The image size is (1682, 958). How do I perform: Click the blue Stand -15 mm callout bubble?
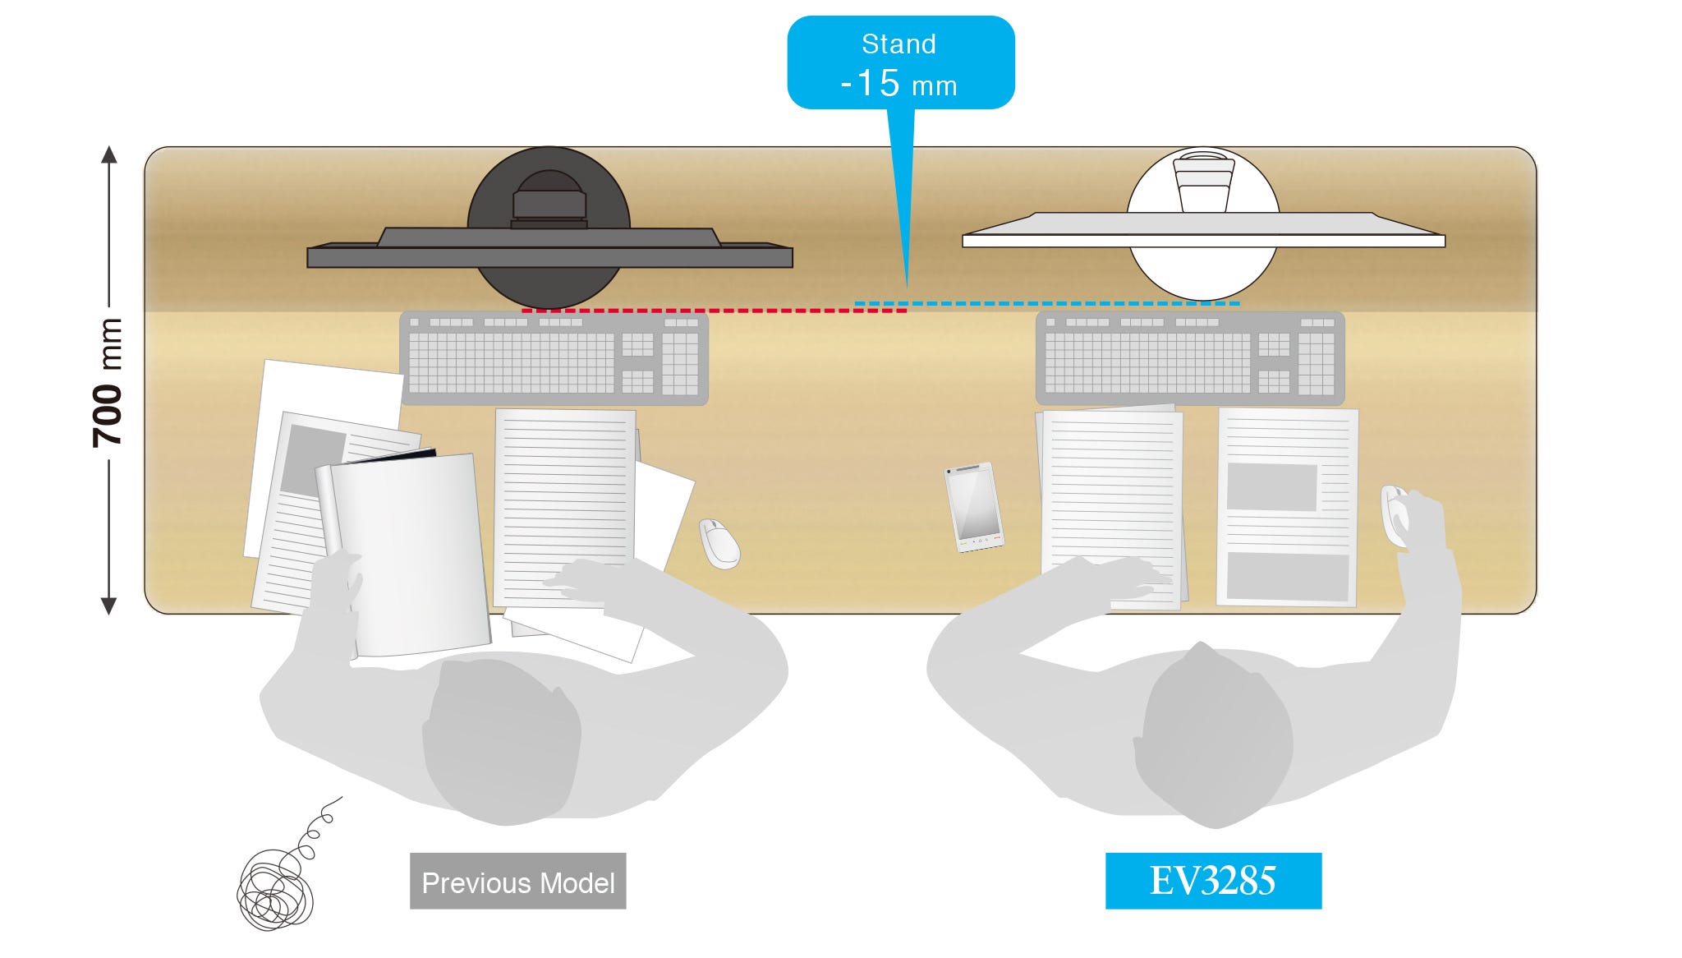900,63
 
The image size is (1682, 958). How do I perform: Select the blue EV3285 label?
1213,881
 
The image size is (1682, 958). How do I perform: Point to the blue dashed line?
1047,303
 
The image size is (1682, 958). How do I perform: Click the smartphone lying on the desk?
974,507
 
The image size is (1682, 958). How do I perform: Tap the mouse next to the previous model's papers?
719,543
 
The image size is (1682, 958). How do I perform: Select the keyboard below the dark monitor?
554,358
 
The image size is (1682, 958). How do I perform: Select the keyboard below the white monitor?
1189,358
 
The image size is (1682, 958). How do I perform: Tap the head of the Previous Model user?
501,739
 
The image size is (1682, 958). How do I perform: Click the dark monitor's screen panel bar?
549,257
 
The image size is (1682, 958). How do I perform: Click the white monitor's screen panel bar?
1203,241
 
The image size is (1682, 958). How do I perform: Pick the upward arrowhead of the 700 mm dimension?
108,154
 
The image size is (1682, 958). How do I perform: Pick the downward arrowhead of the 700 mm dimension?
108,606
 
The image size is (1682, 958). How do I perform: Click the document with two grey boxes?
1287,507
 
